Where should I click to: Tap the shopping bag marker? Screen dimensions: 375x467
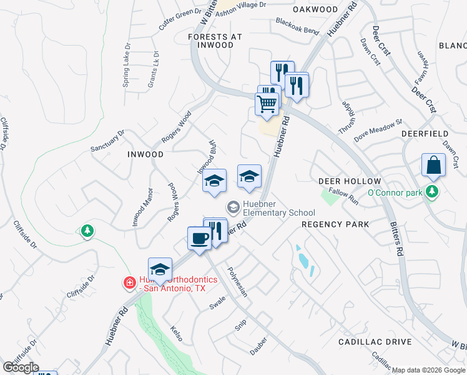pos(433,165)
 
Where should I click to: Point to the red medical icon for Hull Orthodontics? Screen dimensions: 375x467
pos(129,284)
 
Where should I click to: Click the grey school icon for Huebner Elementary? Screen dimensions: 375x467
pos(233,206)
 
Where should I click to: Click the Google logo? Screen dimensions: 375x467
pos(21,367)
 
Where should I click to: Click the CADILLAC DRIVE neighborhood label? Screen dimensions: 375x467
pos(375,342)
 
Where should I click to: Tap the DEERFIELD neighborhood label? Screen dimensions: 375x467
pos(426,134)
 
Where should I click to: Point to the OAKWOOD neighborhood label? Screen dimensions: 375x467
pos(315,9)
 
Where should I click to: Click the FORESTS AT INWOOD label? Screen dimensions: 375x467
pos(215,41)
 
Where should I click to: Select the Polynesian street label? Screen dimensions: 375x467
pos(238,282)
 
